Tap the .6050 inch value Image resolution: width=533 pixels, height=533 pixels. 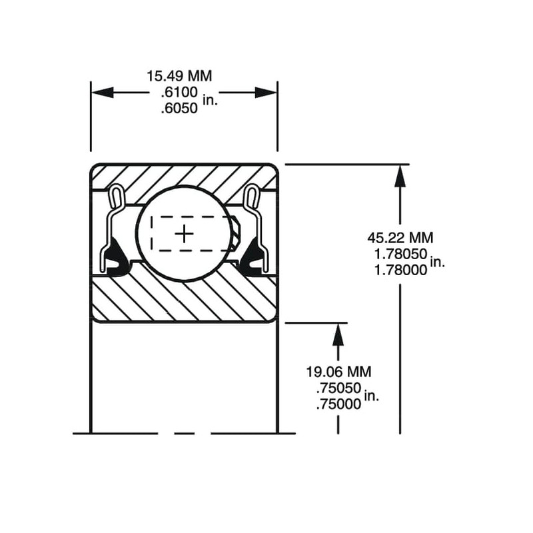(x=179, y=108)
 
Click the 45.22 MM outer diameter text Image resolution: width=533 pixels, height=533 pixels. (x=399, y=237)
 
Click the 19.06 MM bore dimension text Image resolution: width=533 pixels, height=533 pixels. (x=338, y=371)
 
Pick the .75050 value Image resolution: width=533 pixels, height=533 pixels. (x=338, y=388)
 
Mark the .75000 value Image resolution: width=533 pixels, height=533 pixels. (x=338, y=404)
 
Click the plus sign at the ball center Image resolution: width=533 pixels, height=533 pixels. (x=184, y=233)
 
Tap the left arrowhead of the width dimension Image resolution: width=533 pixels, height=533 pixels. (x=101, y=93)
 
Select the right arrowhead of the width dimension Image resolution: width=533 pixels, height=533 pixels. (x=266, y=93)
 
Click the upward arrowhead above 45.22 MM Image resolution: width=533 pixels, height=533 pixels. (x=399, y=175)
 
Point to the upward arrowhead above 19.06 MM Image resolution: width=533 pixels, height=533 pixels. (x=338, y=333)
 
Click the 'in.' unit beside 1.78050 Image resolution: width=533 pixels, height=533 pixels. (x=437, y=262)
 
